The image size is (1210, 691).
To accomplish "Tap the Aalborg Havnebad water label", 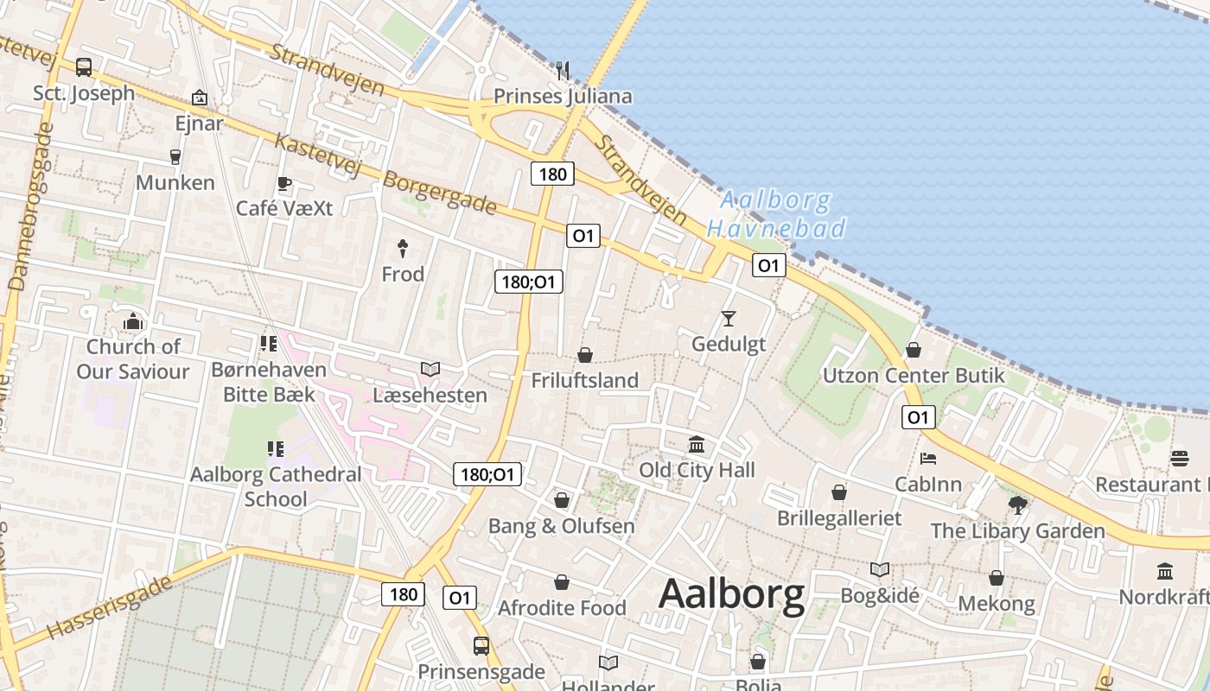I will [x=775, y=215].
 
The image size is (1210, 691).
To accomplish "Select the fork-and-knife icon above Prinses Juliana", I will [x=563, y=69].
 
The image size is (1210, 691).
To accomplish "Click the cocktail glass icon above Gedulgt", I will [x=729, y=318].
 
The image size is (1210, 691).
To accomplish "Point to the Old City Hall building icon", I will [x=697, y=444].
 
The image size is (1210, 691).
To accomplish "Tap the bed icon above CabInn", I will [x=928, y=458].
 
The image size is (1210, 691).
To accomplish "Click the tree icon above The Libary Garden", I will [x=1017, y=504].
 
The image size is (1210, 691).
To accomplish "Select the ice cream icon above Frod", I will [x=403, y=249].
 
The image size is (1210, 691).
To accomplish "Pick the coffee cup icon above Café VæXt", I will [x=283, y=183].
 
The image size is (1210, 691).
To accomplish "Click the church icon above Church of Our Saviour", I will [x=132, y=321].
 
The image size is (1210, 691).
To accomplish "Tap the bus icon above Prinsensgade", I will [x=481, y=645].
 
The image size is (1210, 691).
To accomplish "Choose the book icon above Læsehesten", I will [x=430, y=369].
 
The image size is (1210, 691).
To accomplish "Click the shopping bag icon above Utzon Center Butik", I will [x=913, y=350].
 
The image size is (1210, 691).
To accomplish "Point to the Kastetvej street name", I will [x=316, y=155].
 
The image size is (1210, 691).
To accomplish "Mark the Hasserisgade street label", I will [x=110, y=608].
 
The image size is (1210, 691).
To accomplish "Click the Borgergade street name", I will [x=439, y=193].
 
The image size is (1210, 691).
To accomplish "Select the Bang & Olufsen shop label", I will [x=561, y=526].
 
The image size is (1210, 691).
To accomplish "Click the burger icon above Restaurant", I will [x=1180, y=458].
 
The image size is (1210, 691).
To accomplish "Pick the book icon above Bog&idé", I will [x=879, y=569].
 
